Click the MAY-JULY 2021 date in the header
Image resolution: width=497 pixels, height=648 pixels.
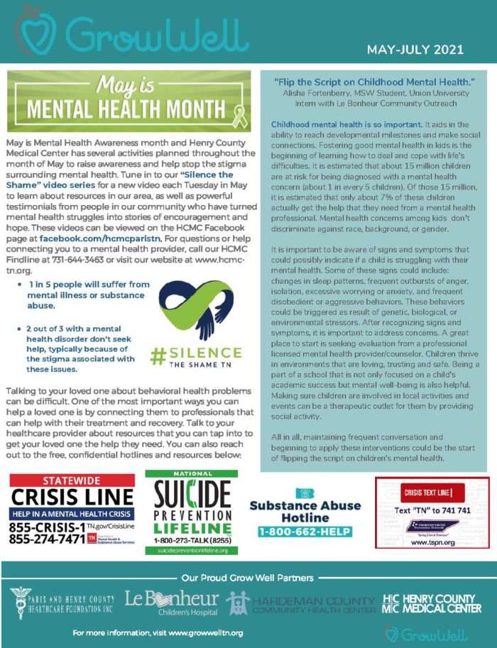pos(415,50)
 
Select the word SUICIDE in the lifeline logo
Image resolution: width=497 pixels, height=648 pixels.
pos(191,494)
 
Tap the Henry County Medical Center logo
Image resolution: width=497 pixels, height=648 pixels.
pos(432,603)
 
